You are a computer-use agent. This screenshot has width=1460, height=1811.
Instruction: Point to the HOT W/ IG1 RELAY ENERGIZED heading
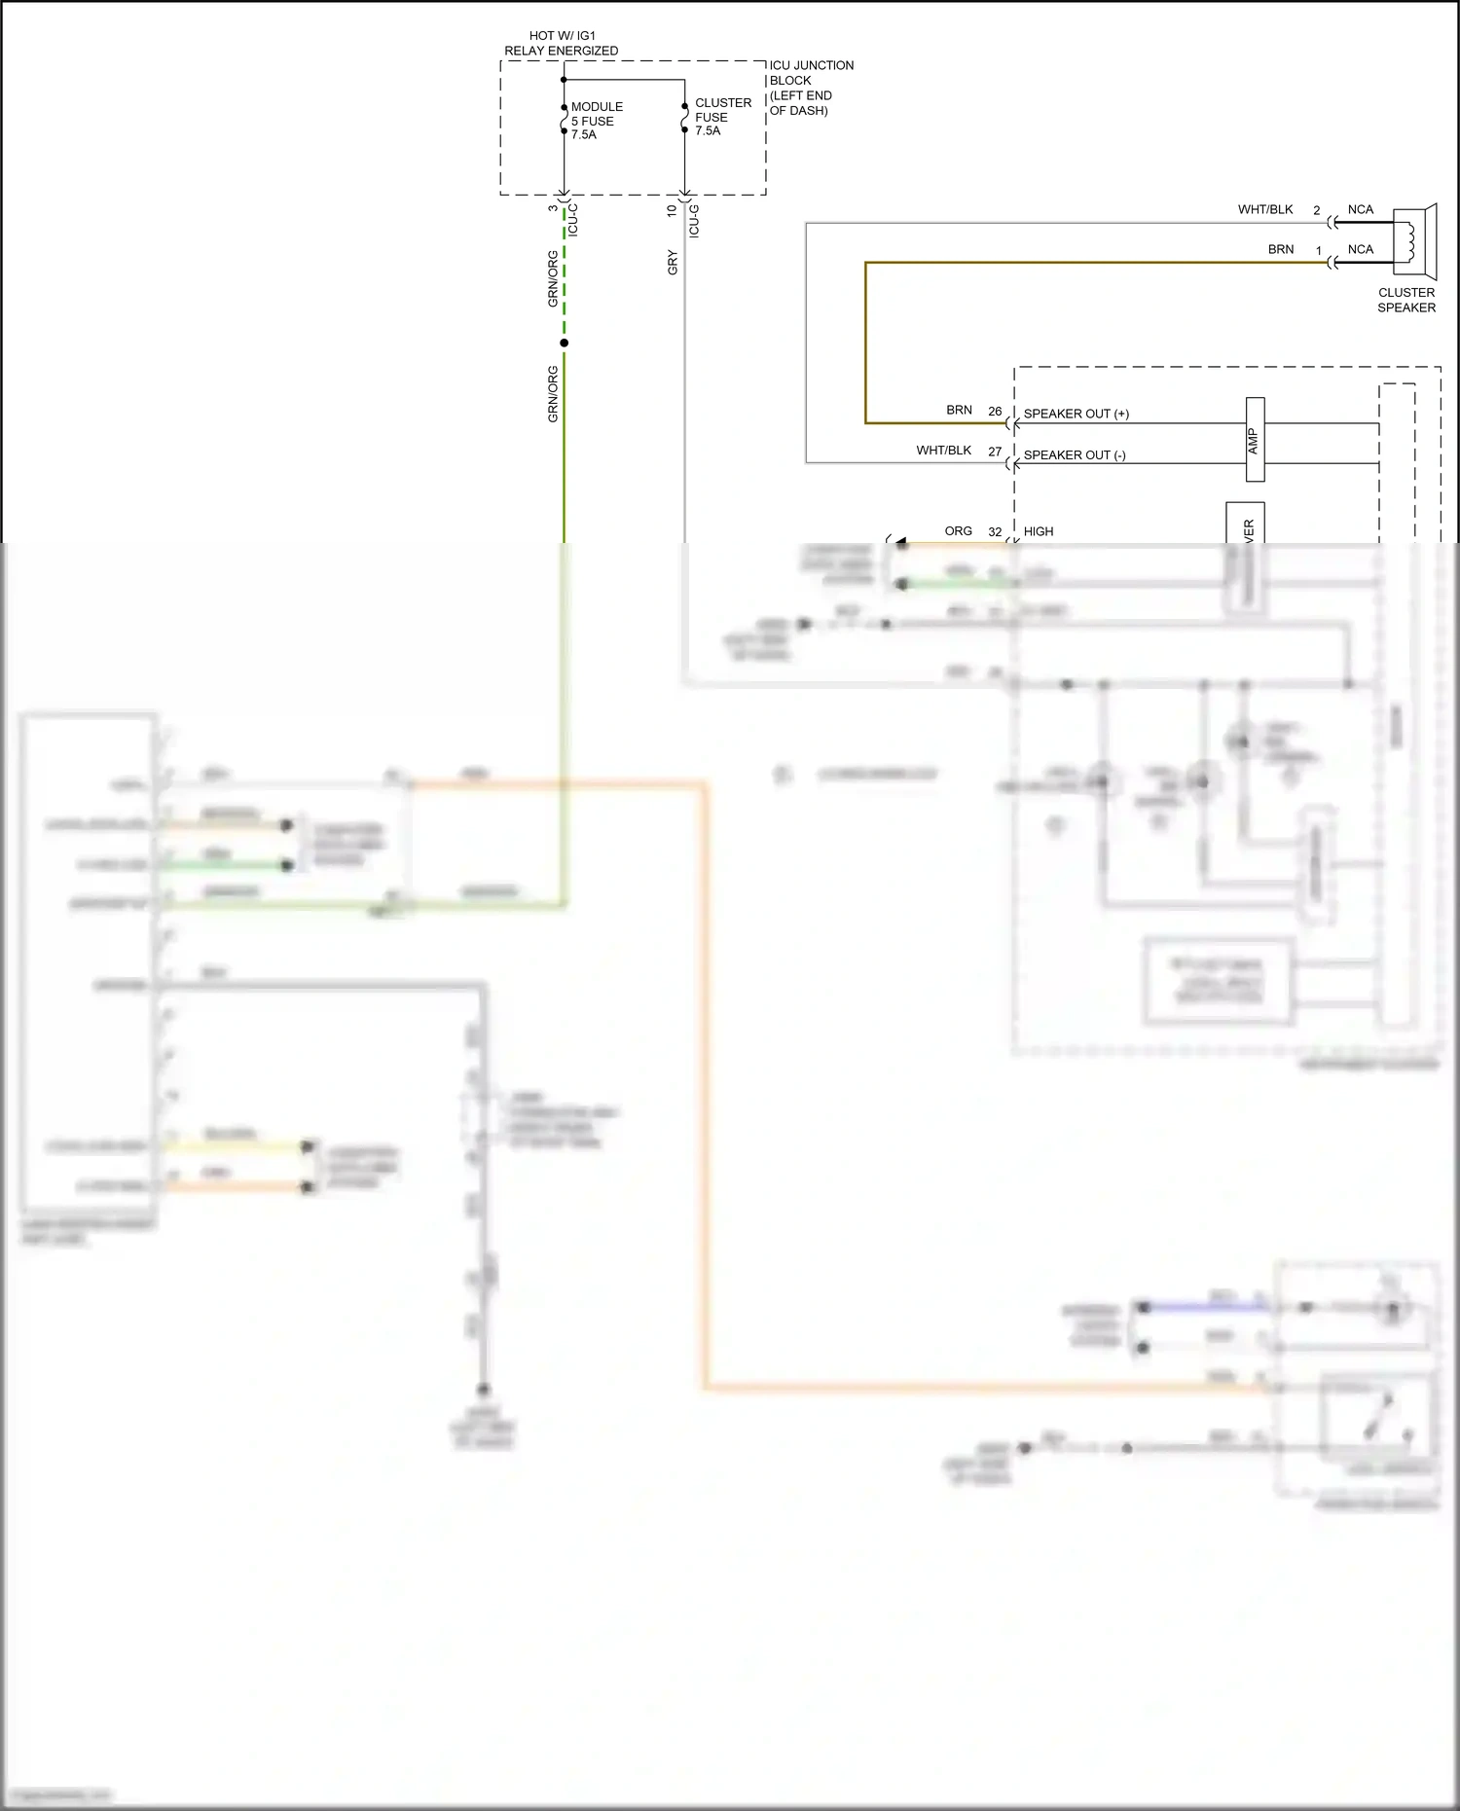coord(561,43)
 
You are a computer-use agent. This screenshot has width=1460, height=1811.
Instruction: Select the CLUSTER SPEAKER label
coord(1405,300)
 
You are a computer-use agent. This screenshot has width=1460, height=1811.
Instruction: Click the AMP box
coord(1255,440)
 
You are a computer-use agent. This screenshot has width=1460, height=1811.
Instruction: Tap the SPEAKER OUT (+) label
coord(1076,414)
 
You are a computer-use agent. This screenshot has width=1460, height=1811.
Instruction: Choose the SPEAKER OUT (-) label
coord(1075,455)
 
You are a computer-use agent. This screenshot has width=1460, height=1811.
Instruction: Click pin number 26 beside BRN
coord(995,412)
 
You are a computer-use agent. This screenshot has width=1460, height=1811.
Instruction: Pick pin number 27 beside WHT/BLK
coord(995,453)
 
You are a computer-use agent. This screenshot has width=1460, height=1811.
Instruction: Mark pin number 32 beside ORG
coord(995,532)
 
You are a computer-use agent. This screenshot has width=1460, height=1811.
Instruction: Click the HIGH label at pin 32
coord(1038,531)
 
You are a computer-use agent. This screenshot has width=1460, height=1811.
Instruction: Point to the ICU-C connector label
coord(573,221)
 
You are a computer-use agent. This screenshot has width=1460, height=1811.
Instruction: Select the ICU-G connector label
coord(694,221)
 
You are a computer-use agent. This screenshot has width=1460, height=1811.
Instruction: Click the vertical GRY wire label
coord(673,263)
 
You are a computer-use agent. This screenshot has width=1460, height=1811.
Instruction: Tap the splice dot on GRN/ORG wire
coord(564,343)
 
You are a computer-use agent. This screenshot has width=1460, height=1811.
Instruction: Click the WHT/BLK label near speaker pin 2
coord(1264,210)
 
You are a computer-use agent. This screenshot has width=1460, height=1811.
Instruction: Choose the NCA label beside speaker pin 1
coord(1360,250)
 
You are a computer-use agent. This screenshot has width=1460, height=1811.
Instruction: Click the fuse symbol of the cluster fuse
coord(684,118)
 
